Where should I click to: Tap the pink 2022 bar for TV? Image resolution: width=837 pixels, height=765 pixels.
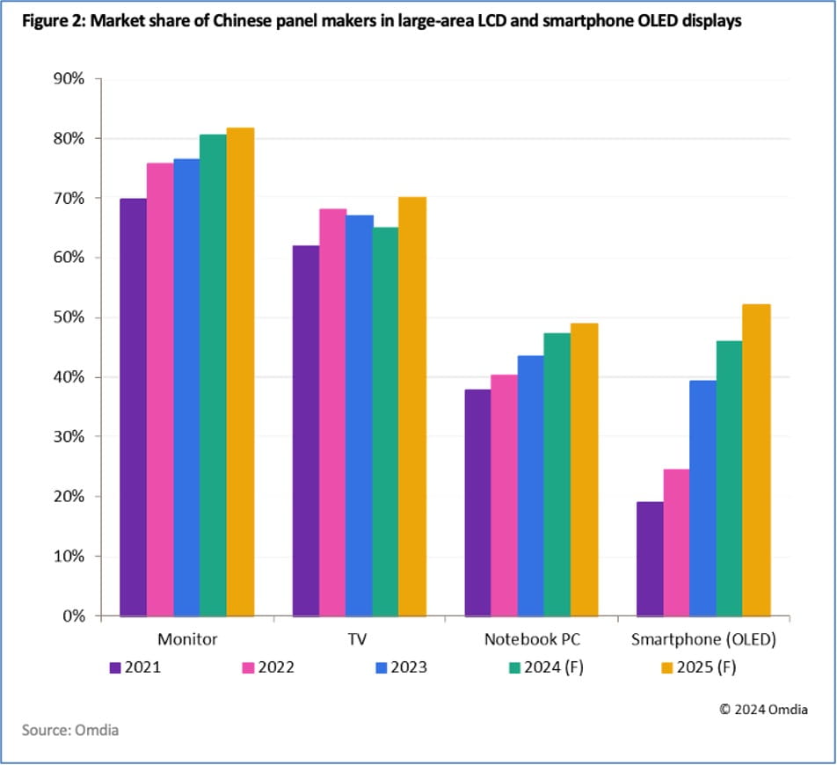point(332,412)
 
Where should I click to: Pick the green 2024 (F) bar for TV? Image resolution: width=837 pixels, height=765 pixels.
point(385,422)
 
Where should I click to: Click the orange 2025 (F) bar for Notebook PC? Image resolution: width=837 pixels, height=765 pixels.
point(584,470)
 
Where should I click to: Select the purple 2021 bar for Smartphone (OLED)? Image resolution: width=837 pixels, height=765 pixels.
point(650,558)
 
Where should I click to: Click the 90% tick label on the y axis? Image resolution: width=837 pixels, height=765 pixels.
point(66,79)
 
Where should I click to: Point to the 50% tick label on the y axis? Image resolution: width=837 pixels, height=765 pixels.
point(66,317)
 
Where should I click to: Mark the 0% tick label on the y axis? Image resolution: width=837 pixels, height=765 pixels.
point(70,616)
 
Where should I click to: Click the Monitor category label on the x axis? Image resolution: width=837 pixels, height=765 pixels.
point(187,639)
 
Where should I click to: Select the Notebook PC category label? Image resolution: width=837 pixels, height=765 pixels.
point(532,639)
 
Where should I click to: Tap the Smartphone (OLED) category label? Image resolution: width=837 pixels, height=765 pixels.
point(703,639)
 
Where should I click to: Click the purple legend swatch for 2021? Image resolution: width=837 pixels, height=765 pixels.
point(115,667)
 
